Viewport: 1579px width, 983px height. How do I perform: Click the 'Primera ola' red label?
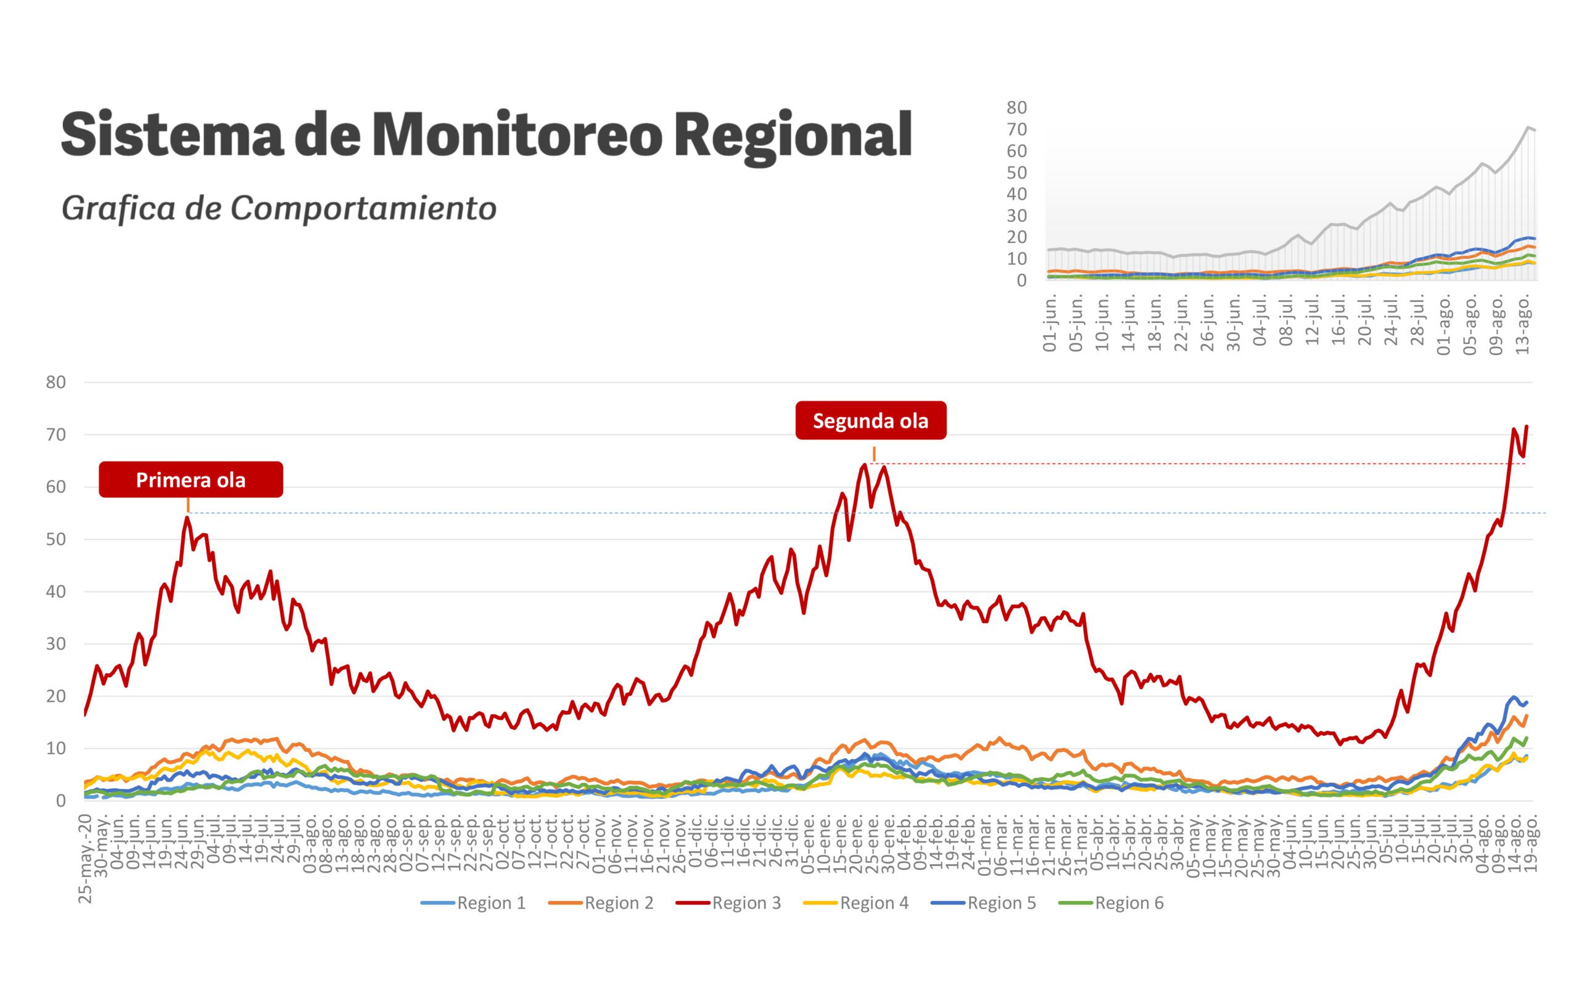point(191,480)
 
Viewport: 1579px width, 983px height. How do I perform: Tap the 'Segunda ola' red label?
point(870,421)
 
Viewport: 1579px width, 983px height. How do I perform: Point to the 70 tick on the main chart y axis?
point(57,435)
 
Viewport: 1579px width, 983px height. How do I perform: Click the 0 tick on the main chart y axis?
point(61,801)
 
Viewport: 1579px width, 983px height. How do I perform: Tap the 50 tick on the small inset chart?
point(1016,173)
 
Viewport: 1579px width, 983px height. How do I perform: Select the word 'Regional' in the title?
point(793,135)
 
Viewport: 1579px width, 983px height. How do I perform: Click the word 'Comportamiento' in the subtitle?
point(363,208)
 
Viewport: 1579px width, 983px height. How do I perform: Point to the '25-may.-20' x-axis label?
point(85,858)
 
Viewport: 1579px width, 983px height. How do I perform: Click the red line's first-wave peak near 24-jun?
point(187,518)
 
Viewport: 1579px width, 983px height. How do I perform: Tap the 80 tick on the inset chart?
point(1016,108)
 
